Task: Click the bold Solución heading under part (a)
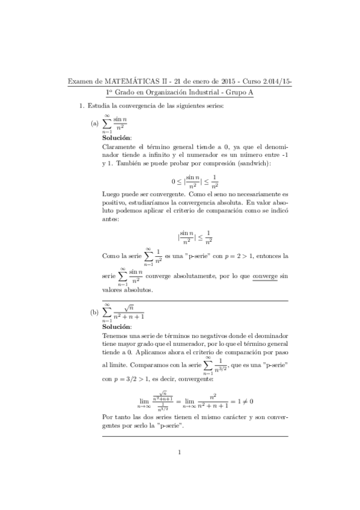click(x=117, y=138)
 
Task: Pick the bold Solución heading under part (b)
click(x=117, y=327)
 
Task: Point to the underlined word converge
click(x=265, y=276)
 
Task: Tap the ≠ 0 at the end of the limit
click(x=248, y=400)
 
